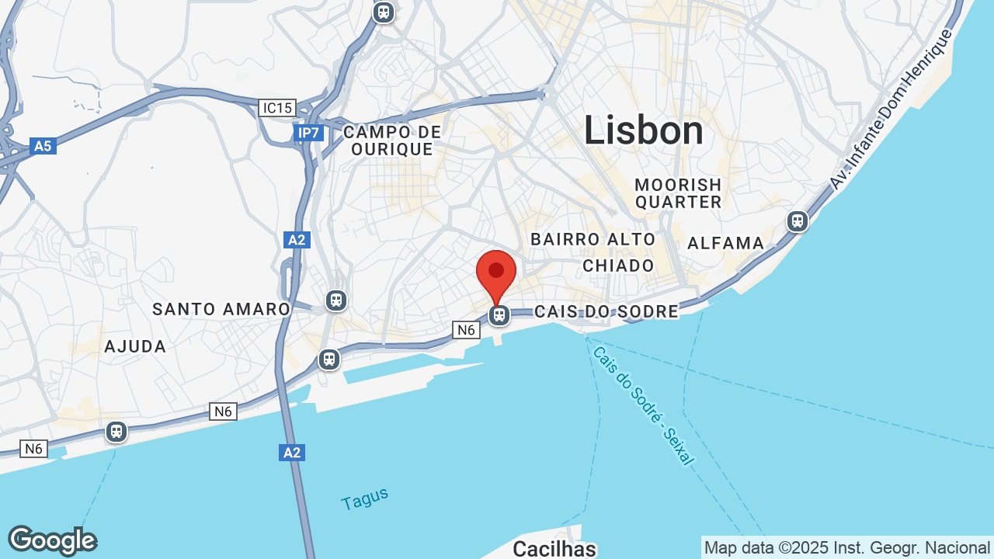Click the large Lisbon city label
[x=643, y=130]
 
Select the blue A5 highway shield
[x=43, y=146]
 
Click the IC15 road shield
[x=277, y=108]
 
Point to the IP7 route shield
[x=309, y=133]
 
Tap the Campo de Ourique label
[x=391, y=141]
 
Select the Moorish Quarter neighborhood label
[x=678, y=193]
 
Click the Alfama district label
[x=726, y=243]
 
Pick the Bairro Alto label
[x=593, y=239]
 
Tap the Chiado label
[x=618, y=266]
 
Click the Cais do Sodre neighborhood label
[x=606, y=311]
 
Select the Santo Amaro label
[x=221, y=309]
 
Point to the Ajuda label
[x=135, y=346]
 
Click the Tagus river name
[x=364, y=498]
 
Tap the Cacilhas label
[x=554, y=549]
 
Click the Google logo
[x=52, y=540]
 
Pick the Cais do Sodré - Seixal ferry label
[x=643, y=405]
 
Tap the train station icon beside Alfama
[x=798, y=221]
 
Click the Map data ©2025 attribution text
[x=846, y=548]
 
